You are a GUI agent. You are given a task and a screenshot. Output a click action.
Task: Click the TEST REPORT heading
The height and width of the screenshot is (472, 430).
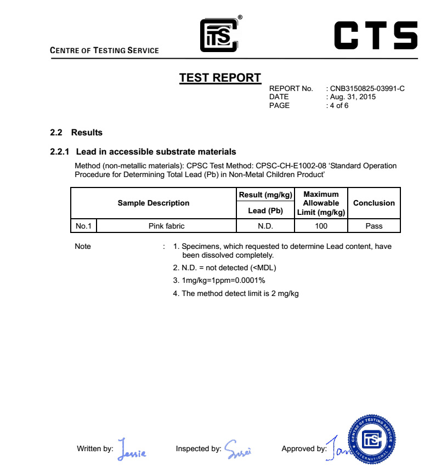(220, 78)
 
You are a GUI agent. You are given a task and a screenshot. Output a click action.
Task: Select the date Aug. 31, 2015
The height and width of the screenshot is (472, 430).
(353, 97)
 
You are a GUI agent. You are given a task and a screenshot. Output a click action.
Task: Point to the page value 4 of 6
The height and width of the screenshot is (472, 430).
(339, 105)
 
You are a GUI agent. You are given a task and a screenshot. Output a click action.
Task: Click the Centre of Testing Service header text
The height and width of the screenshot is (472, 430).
(104, 50)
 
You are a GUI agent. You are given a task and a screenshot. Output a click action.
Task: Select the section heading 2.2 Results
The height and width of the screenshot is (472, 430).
(76, 133)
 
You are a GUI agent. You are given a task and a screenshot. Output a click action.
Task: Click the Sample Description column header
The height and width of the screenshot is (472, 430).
(154, 203)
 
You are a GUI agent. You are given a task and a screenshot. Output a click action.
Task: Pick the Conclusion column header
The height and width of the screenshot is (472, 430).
(374, 203)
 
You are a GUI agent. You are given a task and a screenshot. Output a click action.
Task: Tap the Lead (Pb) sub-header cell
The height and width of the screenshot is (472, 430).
(265, 211)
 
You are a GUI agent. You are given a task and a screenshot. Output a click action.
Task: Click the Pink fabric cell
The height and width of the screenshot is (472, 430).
(166, 226)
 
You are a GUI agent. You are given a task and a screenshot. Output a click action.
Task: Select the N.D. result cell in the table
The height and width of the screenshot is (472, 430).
(265, 226)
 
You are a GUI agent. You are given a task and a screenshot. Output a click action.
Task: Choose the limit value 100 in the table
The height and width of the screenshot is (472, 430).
(321, 226)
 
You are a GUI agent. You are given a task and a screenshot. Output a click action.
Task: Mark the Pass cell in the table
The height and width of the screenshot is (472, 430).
(374, 226)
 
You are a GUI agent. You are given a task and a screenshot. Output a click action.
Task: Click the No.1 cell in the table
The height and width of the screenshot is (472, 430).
(83, 226)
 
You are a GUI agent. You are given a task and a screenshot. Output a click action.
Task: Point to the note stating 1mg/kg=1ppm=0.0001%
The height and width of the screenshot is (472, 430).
(223, 280)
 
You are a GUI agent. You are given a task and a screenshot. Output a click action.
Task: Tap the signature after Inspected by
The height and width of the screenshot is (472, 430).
(238, 449)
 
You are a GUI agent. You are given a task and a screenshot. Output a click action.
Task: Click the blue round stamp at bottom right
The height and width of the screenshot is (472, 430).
(372, 439)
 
